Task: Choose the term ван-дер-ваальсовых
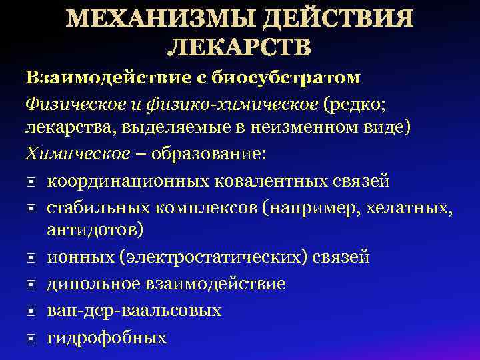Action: click(x=134, y=311)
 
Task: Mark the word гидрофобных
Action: click(x=107, y=337)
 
